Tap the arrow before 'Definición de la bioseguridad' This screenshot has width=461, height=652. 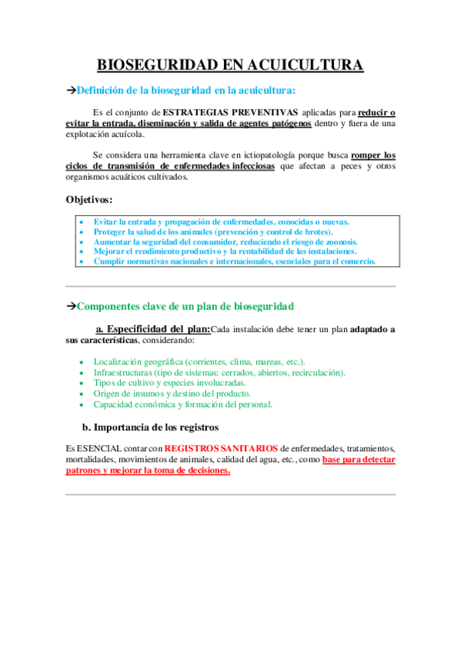tap(72, 91)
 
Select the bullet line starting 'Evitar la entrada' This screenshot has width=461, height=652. tap(221, 221)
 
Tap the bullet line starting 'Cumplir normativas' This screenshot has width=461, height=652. tap(234, 261)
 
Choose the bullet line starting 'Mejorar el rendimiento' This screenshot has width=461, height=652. tap(225, 251)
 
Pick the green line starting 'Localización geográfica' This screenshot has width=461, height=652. tap(199, 361)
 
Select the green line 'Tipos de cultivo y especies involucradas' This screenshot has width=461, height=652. tap(169, 383)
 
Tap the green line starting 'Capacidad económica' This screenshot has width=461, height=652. tap(182, 404)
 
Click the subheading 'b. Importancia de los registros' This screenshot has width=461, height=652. tap(151, 427)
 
